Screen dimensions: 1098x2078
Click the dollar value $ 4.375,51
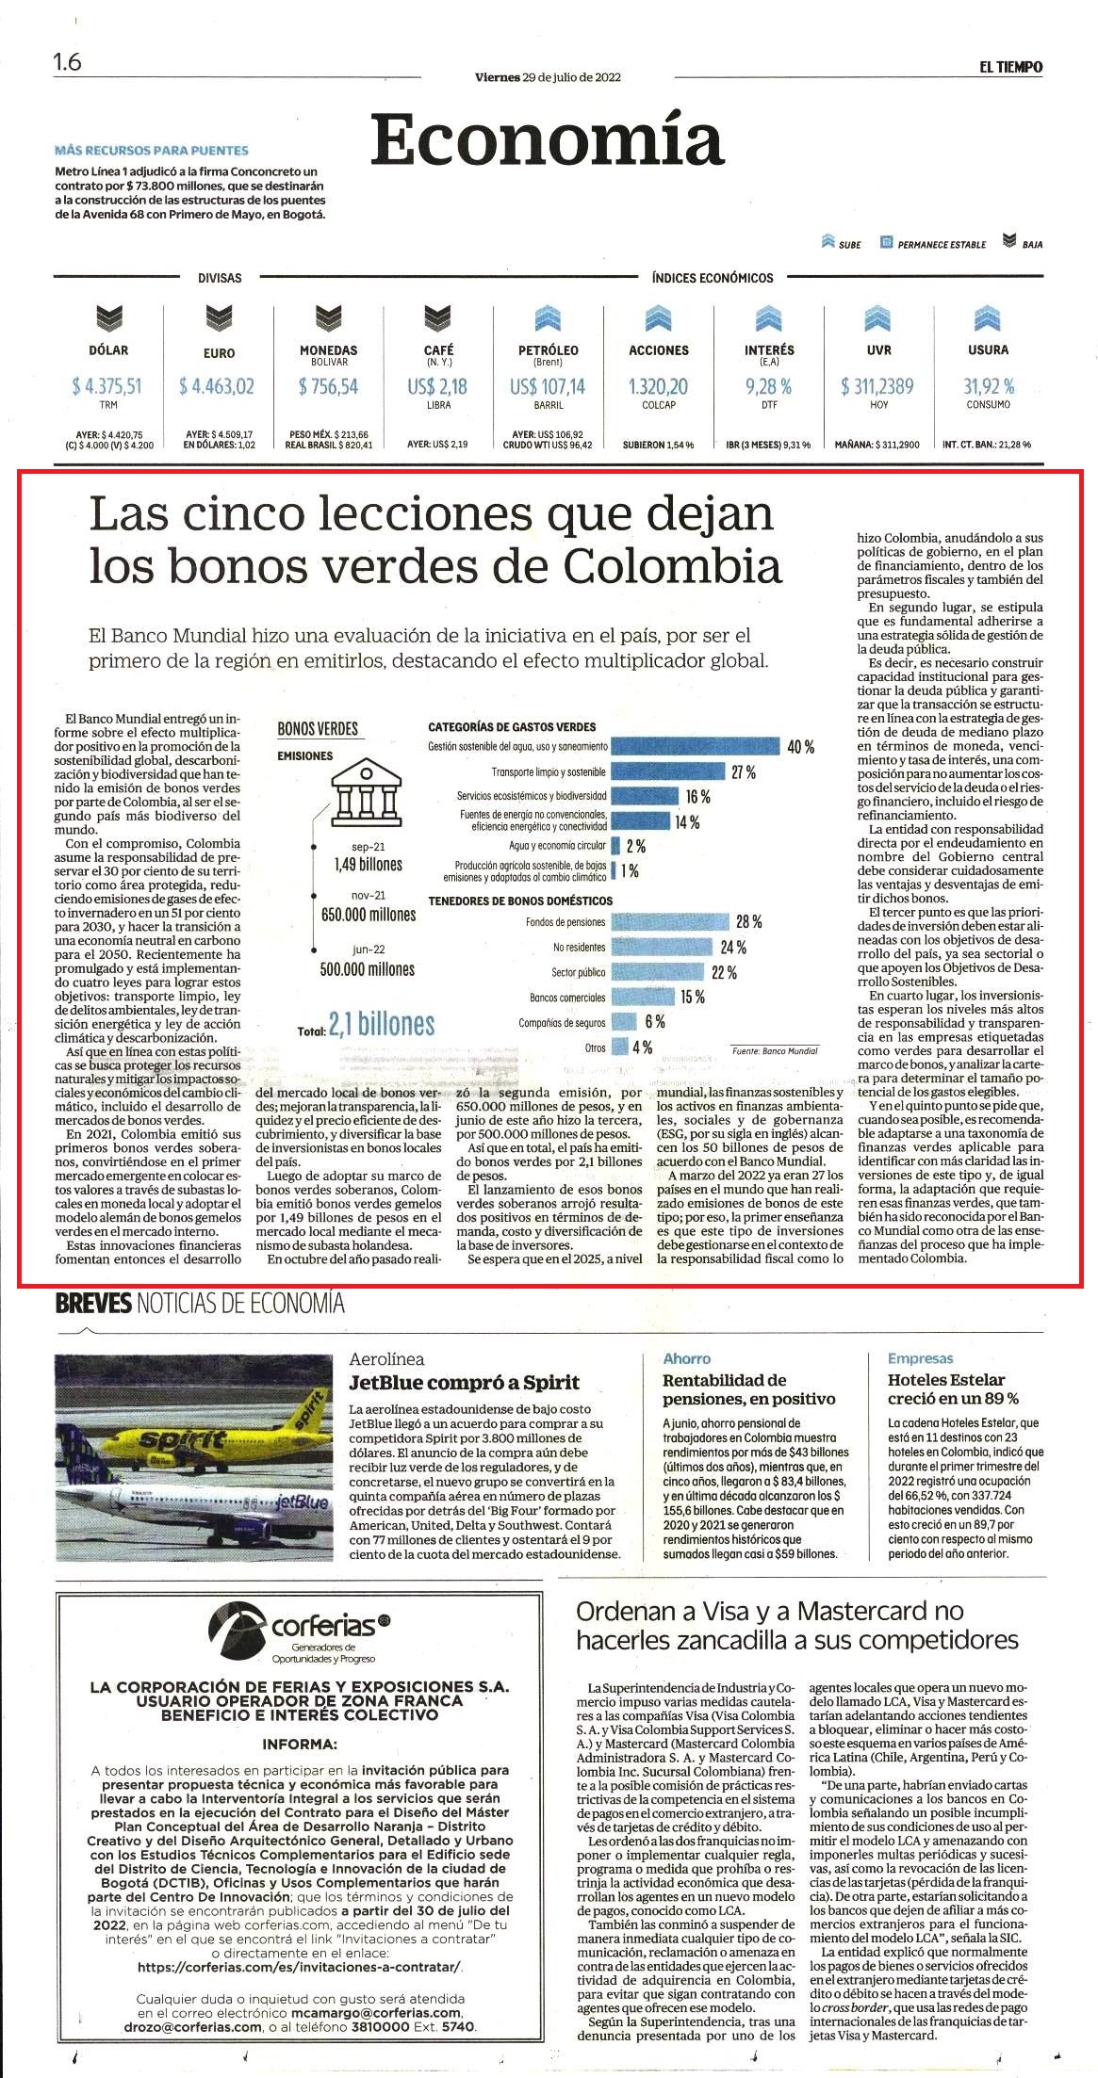[x=107, y=385]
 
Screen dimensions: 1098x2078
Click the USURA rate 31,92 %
[x=988, y=385]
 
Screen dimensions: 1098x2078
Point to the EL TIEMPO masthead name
[x=1009, y=67]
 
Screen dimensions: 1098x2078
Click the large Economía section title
[x=548, y=138]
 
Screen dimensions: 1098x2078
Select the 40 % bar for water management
[x=696, y=746]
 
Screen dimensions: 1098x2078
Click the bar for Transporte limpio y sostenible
[x=668, y=772]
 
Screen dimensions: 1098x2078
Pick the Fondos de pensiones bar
[x=671, y=921]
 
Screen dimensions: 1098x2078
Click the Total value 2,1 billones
[x=382, y=1024]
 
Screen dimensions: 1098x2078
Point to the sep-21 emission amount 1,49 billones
[x=368, y=864]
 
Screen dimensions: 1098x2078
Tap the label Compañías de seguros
[x=562, y=1022]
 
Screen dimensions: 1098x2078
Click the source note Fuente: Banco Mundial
[x=775, y=1050]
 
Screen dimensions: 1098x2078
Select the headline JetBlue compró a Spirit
[x=465, y=1383]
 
